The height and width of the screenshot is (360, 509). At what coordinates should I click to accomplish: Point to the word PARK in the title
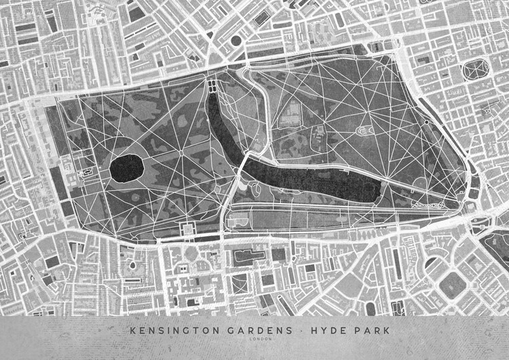[367, 330]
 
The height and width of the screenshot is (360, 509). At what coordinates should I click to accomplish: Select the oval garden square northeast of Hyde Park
[476, 71]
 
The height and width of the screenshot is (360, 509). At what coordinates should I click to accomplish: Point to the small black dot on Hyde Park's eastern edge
[426, 123]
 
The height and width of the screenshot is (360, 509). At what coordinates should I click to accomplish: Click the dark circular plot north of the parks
[236, 40]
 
